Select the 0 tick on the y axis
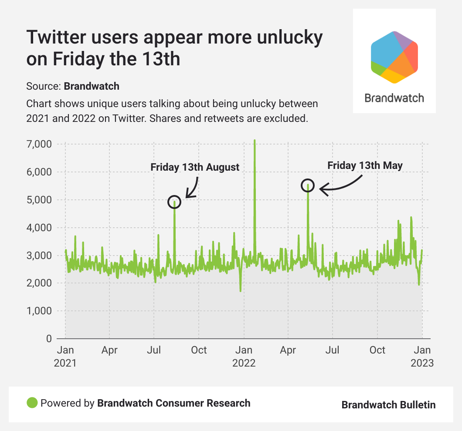[49, 339]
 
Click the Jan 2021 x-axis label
[65, 356]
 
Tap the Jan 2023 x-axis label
[422, 356]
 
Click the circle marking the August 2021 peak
[174, 202]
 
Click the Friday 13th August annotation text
[195, 167]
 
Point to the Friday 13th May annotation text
[365, 165]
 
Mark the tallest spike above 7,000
[255, 141]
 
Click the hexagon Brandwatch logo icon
[394, 57]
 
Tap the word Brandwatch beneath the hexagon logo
[394, 98]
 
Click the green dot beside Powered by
[32, 403]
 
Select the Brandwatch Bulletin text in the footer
[388, 404]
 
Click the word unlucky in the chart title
[286, 38]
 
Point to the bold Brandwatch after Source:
[92, 86]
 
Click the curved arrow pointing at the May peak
[341, 185]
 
